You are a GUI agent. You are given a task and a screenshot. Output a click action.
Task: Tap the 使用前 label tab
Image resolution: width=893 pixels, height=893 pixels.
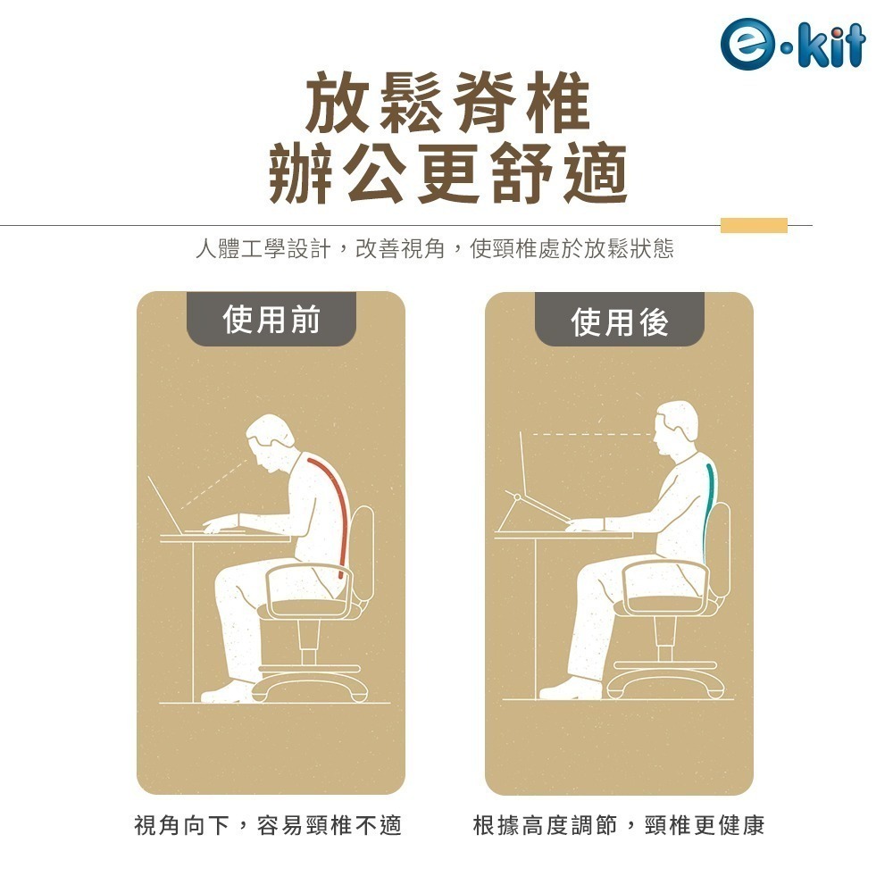pyautogui.click(x=271, y=319)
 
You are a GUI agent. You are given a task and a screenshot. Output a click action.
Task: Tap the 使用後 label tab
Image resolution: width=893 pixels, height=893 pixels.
pyautogui.click(x=619, y=321)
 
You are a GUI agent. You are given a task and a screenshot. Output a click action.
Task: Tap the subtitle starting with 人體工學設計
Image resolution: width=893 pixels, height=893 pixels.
pyautogui.click(x=435, y=249)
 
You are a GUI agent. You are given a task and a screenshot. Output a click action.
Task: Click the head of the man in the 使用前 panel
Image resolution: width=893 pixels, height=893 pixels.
pyautogui.click(x=268, y=442)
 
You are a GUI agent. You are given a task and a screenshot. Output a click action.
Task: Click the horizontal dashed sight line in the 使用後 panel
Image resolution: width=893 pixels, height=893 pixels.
pyautogui.click(x=585, y=434)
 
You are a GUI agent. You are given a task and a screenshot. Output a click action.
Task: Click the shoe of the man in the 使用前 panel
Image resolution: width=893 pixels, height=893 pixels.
pyautogui.click(x=222, y=692)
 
